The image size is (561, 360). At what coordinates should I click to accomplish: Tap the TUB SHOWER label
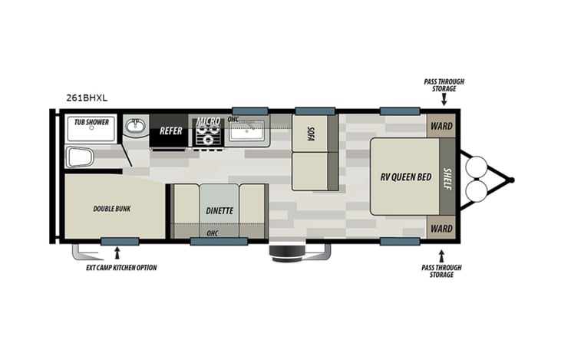tap(91, 123)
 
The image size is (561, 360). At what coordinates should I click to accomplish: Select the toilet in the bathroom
tap(78, 158)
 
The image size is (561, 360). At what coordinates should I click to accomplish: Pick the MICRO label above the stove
tap(207, 121)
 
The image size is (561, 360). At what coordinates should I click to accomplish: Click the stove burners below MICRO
tap(208, 137)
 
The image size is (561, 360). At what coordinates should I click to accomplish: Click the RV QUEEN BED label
tap(405, 177)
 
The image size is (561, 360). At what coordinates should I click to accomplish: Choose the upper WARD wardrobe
tap(441, 125)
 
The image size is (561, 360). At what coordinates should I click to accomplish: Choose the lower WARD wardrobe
tap(441, 228)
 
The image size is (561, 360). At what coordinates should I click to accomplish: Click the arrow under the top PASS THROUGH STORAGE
tap(444, 101)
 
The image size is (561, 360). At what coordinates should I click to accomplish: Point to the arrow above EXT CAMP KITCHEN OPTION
tap(117, 252)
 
